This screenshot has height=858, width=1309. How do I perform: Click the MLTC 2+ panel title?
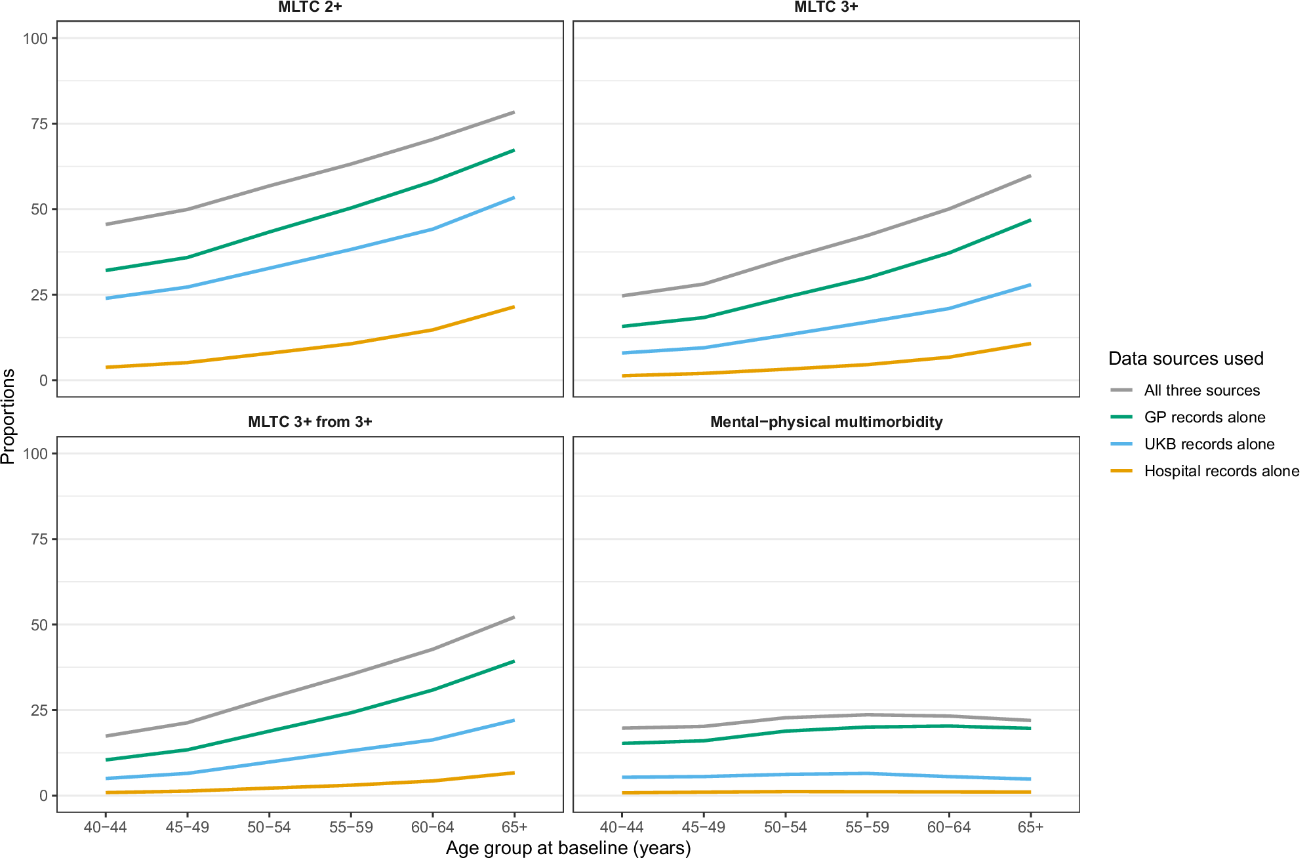tap(310, 7)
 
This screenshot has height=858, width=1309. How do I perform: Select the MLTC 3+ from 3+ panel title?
tap(310, 422)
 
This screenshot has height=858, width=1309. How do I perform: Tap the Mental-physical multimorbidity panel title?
tap(826, 422)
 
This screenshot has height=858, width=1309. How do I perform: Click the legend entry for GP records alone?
tap(1204, 417)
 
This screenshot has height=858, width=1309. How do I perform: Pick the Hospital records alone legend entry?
tap(1221, 471)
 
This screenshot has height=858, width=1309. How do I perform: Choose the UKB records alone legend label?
tap(1209, 444)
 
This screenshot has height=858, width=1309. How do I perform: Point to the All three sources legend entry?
tap(1201, 390)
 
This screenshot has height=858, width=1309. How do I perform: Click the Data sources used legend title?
tap(1185, 358)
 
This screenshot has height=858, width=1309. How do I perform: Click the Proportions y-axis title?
tap(8, 417)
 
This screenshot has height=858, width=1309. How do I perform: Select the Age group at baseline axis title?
tap(568, 848)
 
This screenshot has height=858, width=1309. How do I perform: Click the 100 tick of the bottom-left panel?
tap(35, 453)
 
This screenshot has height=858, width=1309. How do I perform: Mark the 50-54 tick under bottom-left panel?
tap(269, 827)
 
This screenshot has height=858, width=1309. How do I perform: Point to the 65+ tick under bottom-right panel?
tap(1030, 827)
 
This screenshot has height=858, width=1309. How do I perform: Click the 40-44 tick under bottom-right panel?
tap(622, 827)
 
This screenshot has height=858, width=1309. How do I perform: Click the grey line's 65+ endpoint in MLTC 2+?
tap(514, 112)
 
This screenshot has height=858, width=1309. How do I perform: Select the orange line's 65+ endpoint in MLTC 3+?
tap(1030, 344)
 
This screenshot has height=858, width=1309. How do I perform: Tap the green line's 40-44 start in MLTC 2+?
tap(107, 270)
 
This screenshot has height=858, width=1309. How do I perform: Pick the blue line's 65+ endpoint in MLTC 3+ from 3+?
tap(514, 720)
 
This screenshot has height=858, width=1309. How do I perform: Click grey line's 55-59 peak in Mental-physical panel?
tap(867, 714)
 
